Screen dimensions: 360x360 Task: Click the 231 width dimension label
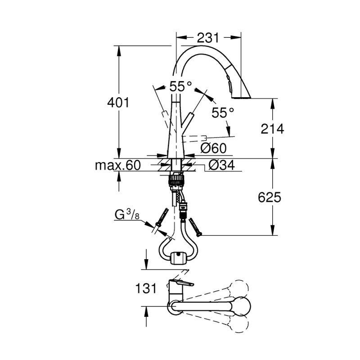coord(207,38)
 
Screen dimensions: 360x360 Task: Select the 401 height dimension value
coord(118,103)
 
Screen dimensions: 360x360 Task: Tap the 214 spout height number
coord(272,129)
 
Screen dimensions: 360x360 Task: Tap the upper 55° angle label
coord(181,86)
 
